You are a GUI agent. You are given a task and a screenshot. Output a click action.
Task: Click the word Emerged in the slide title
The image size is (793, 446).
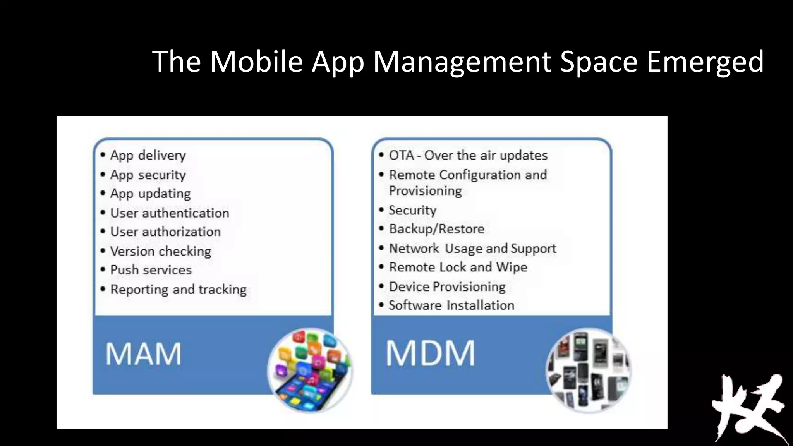[705, 62]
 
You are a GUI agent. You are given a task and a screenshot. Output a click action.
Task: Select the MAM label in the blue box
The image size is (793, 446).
[143, 354]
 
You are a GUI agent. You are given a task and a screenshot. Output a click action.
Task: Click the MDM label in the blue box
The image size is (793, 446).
[430, 353]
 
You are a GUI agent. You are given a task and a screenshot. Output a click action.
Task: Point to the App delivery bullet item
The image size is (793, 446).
[148, 155]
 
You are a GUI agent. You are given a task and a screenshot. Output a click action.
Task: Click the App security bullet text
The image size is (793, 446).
[148, 175]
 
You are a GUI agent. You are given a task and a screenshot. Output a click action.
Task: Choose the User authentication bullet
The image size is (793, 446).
[169, 213]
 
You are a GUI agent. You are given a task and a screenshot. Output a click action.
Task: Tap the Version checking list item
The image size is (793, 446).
[160, 251]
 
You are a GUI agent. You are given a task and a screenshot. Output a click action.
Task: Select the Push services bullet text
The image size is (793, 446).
[151, 270]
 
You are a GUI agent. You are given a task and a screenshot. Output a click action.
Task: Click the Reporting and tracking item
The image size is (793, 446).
[178, 290]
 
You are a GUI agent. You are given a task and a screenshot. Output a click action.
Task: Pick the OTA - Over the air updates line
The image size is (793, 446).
[468, 155]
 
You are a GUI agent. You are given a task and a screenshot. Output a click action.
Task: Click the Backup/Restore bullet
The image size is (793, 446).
[436, 229]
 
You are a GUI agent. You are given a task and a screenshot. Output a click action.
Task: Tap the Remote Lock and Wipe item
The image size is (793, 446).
[458, 267]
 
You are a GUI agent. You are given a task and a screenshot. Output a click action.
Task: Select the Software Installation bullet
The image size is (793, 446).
[451, 305]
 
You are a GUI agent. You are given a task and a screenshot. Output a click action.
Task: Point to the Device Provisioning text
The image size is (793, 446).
[447, 286]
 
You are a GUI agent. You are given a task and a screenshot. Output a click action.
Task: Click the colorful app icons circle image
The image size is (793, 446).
[310, 370]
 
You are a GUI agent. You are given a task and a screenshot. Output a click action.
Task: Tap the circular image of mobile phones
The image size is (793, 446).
[589, 370]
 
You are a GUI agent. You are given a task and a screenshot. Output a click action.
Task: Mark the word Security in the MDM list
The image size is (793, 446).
[412, 210]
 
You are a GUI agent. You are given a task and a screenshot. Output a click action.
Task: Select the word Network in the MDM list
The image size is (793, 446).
[414, 248]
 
